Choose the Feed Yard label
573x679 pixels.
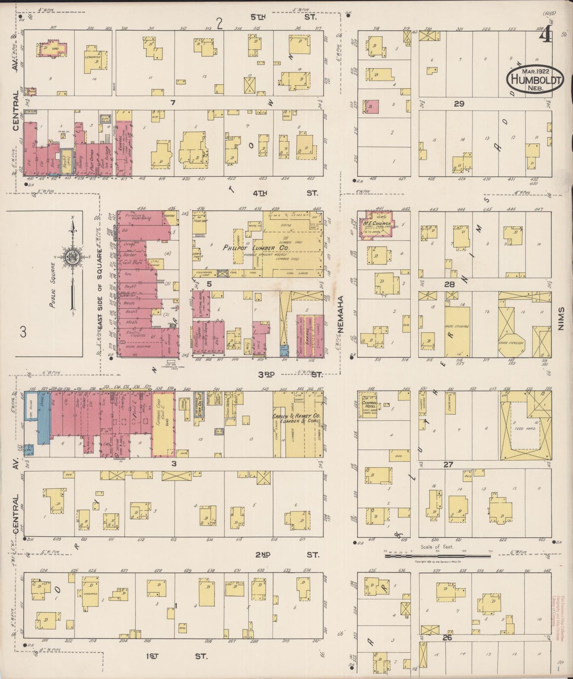527,429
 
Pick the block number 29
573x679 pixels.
459,104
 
